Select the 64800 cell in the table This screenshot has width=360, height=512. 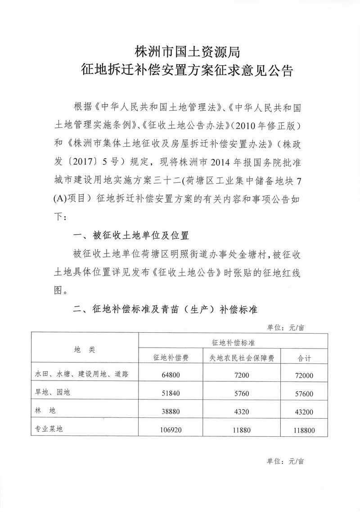pyautogui.click(x=171, y=374)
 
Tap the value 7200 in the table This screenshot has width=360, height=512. pyautogui.click(x=243, y=374)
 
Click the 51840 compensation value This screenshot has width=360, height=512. pyautogui.click(x=171, y=393)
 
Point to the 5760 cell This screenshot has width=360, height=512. pyautogui.click(x=243, y=393)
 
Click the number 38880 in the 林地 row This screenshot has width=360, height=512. pyautogui.click(x=171, y=411)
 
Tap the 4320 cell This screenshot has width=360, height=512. pyautogui.click(x=243, y=411)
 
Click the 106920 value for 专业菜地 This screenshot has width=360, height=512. pyautogui.click(x=171, y=430)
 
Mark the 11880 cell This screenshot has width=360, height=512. pyautogui.click(x=243, y=430)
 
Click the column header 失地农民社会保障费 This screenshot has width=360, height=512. pyautogui.click(x=243, y=358)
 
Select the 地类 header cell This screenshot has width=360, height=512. pyautogui.click(x=85, y=349)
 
